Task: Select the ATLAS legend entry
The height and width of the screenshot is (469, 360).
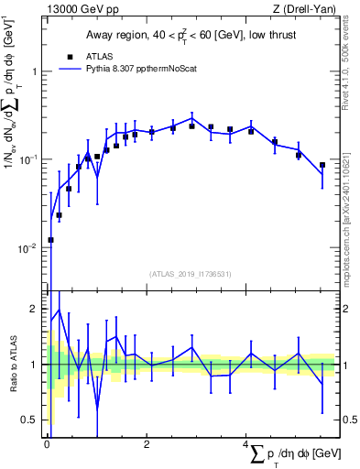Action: coord(99,56)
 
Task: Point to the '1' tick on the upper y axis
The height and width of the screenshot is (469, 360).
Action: coord(36,71)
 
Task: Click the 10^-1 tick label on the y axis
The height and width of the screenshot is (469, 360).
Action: coord(30,160)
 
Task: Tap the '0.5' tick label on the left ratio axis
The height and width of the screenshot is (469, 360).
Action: coord(32,420)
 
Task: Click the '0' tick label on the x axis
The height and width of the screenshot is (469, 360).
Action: coord(47,444)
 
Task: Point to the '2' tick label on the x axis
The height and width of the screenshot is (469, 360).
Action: coord(147,444)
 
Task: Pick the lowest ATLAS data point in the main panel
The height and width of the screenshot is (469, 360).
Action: coord(50,240)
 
